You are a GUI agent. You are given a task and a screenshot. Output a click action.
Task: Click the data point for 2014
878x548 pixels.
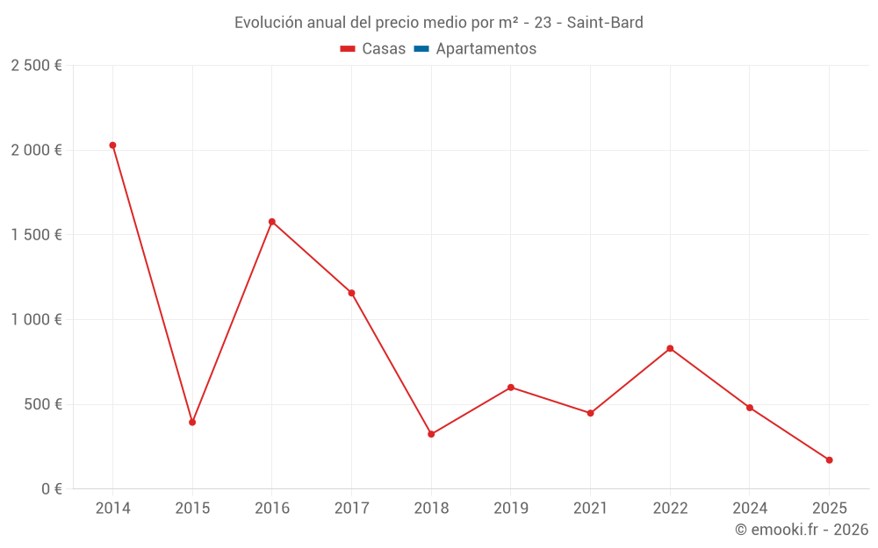[x=112, y=146]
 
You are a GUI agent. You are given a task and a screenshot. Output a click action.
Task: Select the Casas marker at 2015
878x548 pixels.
[x=192, y=423]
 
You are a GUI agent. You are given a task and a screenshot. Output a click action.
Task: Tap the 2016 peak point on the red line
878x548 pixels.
[x=272, y=222]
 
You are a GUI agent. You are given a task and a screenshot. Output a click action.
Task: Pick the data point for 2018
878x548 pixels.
[x=431, y=434]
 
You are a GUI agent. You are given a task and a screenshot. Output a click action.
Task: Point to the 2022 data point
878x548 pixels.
[x=670, y=349]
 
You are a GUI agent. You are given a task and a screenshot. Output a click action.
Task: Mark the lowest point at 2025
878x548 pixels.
[x=829, y=460]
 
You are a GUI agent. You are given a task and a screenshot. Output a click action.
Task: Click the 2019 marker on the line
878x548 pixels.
[x=511, y=388]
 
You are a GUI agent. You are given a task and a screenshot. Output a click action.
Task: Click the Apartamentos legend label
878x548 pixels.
[x=486, y=49]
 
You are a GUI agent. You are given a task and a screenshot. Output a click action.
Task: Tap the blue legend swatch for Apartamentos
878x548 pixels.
[x=421, y=49]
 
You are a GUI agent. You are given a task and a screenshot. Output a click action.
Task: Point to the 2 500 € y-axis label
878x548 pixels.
[x=36, y=66]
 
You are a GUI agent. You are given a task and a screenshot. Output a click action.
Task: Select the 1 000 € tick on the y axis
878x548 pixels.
[x=36, y=320]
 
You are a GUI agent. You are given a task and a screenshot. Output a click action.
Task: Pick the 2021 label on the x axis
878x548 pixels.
[x=590, y=509]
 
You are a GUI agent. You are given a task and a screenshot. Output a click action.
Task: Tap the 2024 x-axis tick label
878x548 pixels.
[x=749, y=509]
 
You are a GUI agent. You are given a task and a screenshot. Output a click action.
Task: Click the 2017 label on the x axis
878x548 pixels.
[x=351, y=509]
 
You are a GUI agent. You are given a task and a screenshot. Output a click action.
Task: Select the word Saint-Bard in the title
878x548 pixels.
[x=605, y=22]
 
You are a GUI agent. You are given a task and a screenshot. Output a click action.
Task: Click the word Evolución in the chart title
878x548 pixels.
[x=267, y=22]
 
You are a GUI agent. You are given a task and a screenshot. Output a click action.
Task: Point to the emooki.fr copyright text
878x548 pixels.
[x=801, y=530]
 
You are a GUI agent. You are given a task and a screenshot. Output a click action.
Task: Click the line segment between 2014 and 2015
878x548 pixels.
[x=153, y=284]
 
